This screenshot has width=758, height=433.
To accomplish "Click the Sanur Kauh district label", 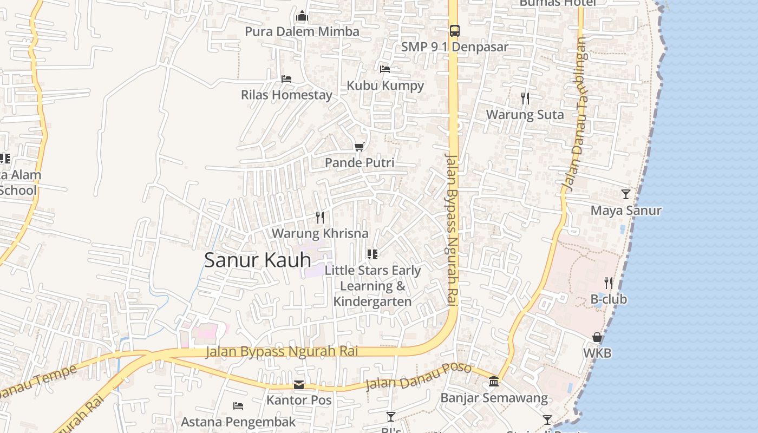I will [258, 260].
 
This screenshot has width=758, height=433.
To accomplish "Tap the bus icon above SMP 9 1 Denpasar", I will [454, 31].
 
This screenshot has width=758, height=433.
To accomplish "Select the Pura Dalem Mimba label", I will [302, 31].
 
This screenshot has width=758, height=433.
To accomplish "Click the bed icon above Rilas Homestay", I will [286, 79].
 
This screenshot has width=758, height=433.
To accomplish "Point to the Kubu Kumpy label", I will [385, 86].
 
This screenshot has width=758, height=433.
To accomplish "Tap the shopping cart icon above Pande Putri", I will [359, 147].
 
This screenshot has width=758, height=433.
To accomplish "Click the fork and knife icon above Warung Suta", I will [525, 98].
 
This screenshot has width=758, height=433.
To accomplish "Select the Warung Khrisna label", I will [319, 234].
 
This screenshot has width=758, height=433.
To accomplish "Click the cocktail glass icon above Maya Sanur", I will [626, 194].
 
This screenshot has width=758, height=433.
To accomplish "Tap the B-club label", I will [608, 299].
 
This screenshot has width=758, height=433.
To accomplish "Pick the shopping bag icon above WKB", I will [597, 337].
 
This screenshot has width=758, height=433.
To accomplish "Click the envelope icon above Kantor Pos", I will [299, 385].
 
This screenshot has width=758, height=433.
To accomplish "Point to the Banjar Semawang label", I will [494, 398].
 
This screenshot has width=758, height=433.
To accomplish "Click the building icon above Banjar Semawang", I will [494, 382].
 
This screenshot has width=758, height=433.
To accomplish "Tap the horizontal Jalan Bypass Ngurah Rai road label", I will [282, 352].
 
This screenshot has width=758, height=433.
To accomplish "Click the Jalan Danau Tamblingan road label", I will [574, 114].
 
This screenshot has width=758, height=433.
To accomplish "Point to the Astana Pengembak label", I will [238, 422].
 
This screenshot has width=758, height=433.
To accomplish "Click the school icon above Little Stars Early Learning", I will [372, 253].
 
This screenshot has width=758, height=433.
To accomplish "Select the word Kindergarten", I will [373, 301].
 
